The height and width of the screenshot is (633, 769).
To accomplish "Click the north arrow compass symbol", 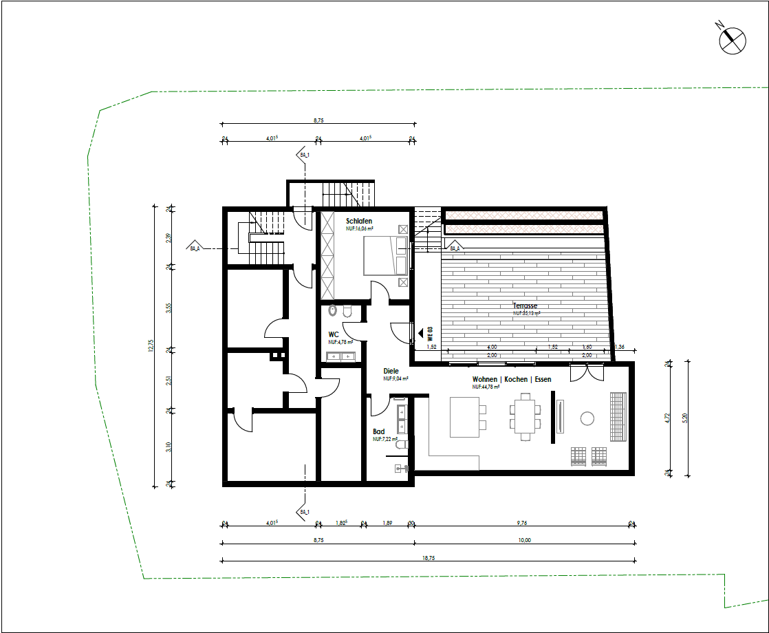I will pyautogui.click(x=732, y=40).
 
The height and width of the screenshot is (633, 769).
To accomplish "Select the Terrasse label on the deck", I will pyautogui.click(x=525, y=305).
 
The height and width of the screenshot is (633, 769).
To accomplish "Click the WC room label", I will pyautogui.click(x=334, y=334).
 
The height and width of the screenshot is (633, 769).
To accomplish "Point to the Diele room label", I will pyautogui.click(x=391, y=371).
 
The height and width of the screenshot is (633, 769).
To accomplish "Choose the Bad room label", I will pyautogui.click(x=378, y=432).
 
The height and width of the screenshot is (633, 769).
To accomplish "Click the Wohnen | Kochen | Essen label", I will pyautogui.click(x=511, y=380).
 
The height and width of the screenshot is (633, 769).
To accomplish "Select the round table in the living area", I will pyautogui.click(x=587, y=418).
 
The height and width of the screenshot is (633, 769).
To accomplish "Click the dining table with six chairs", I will pyautogui.click(x=526, y=417).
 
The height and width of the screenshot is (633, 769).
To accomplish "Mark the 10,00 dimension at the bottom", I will pyautogui.click(x=524, y=540).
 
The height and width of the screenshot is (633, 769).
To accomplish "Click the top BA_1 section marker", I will pyautogui.click(x=304, y=155).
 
